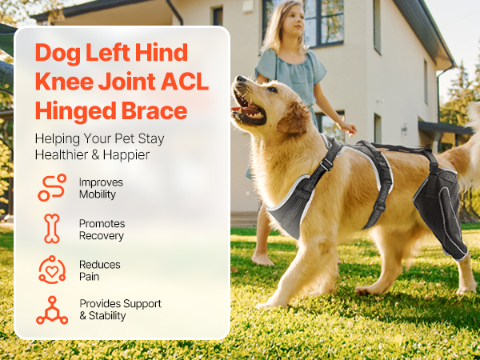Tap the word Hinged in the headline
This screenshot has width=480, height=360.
pyautogui.click(x=76, y=111)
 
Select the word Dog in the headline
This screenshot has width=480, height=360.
pyautogui.click(x=58, y=53)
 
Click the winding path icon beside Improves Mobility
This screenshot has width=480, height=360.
pyautogui.click(x=52, y=187)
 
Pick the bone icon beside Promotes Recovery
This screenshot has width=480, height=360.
pyautogui.click(x=52, y=229)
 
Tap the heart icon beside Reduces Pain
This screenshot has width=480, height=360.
pyautogui.click(x=52, y=270)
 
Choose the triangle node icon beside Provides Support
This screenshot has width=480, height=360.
pyautogui.click(x=52, y=310)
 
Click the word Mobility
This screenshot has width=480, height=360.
pyautogui.click(x=98, y=194)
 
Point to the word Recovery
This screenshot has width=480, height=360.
pyautogui.click(x=102, y=236)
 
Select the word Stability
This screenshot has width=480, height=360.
pyautogui.click(x=107, y=316)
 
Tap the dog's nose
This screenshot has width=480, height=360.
pyautogui.click(x=242, y=79)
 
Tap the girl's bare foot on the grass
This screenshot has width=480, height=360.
pyautogui.click(x=262, y=259)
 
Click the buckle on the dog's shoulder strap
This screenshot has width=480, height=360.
pyautogui.click(x=326, y=164)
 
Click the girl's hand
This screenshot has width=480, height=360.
pyautogui.click(x=348, y=128)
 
